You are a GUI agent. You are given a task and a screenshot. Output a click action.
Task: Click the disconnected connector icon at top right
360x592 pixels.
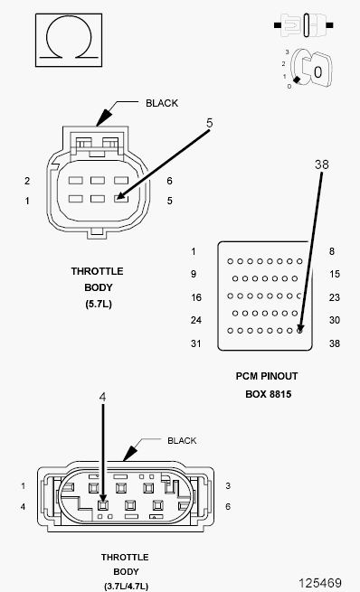pyautogui.click(x=303, y=25)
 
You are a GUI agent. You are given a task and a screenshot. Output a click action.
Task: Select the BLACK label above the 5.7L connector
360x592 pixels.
pyautogui.click(x=162, y=103)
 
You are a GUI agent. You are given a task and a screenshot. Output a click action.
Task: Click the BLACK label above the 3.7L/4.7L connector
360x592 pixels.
pyautogui.click(x=182, y=440)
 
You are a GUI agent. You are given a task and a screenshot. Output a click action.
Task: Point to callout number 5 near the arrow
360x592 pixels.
pyautogui.click(x=209, y=123)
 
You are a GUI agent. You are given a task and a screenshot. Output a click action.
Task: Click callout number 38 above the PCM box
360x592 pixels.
pyautogui.click(x=322, y=164)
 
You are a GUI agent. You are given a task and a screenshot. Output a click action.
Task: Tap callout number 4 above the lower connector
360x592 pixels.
pyautogui.click(x=102, y=397)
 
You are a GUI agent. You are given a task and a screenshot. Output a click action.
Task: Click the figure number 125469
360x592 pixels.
pyautogui.click(x=320, y=583)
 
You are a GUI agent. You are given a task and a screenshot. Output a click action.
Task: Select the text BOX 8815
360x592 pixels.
pyautogui.click(x=269, y=394)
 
